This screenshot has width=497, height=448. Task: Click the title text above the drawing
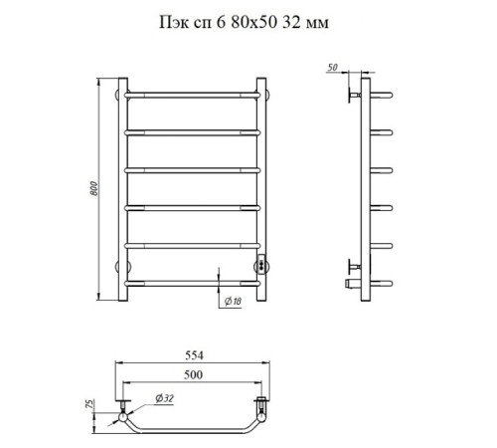click(244, 23)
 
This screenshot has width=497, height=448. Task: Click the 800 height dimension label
click(94, 188)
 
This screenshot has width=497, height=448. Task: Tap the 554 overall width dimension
click(194, 355)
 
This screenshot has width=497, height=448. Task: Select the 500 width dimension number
click(193, 374)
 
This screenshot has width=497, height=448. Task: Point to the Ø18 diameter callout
click(233, 302)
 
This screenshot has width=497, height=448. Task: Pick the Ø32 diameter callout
click(165, 398)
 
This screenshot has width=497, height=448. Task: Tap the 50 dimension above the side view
click(332, 68)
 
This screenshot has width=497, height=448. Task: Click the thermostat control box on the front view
click(261, 265)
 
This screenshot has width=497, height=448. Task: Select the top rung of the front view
click(192, 96)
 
